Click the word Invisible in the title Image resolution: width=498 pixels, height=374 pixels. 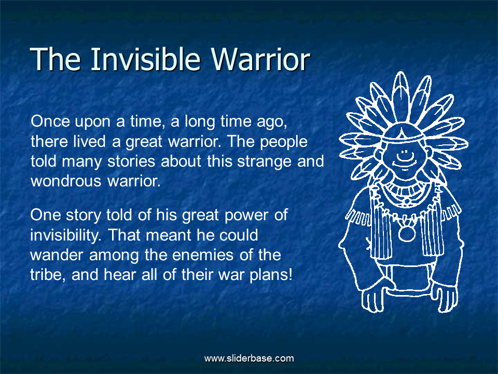pos(145,59)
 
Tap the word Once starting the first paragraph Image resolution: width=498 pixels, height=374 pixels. pos(50,121)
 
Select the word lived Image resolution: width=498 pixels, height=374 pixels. pos(89,141)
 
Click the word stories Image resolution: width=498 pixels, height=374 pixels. pos(131,161)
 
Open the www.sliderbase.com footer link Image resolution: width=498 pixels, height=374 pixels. pos(249,358)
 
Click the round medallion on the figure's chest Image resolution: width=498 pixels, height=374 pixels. pos(407,233)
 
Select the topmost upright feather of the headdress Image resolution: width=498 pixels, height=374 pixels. pos(401,96)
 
